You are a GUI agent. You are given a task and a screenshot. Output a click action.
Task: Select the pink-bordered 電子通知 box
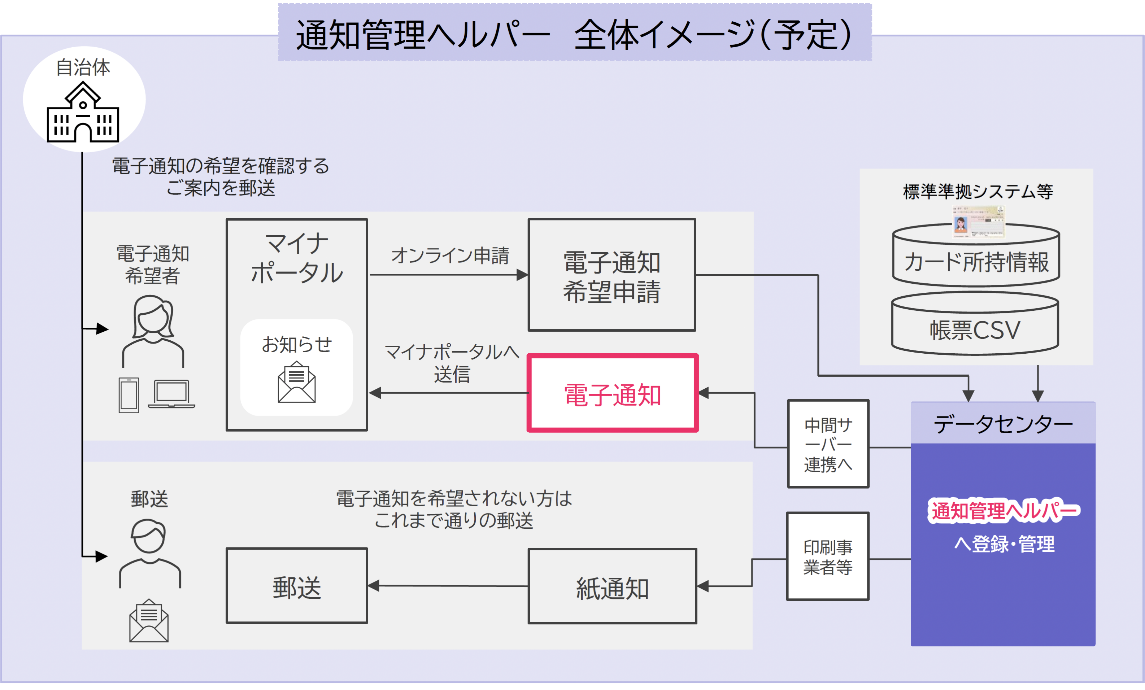(x=612, y=393)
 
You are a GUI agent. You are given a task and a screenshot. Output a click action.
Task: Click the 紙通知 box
(x=612, y=586)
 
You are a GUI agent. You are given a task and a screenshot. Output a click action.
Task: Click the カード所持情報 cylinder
(x=976, y=261)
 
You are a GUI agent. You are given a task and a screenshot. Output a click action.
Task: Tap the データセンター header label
(x=1003, y=424)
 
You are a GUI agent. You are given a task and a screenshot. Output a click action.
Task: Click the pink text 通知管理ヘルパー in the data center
(x=1004, y=511)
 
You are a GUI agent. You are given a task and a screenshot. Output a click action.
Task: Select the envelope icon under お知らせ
(x=297, y=382)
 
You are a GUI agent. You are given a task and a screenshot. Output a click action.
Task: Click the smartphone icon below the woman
(x=129, y=395)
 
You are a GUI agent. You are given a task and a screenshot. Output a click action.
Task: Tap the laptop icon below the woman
(x=171, y=394)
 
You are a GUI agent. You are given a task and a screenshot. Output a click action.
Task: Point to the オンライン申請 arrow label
(x=450, y=255)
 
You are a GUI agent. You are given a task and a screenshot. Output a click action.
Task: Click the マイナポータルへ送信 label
(x=452, y=363)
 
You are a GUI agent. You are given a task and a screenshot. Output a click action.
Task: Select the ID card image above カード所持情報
(x=978, y=221)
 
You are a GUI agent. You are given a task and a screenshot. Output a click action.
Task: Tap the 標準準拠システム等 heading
(x=978, y=191)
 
